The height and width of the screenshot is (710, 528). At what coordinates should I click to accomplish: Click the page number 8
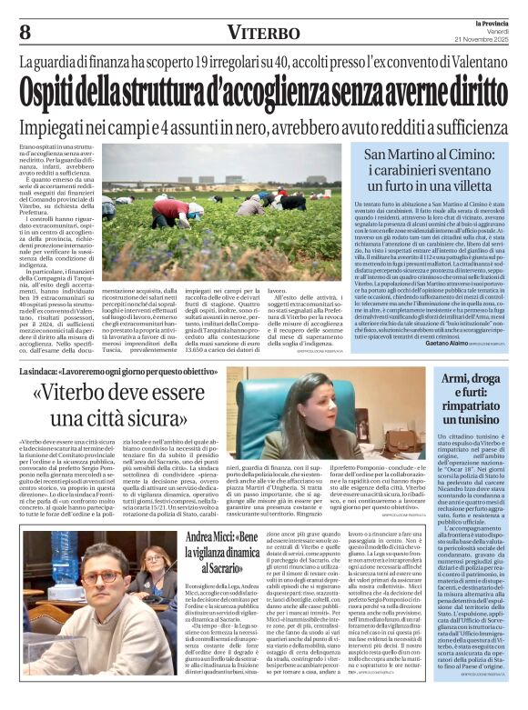(25, 32)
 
